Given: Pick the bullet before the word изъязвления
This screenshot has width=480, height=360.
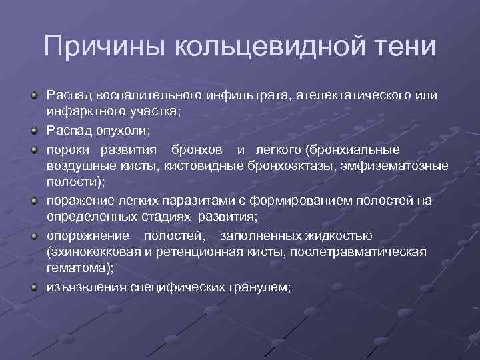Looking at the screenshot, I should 34,287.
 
